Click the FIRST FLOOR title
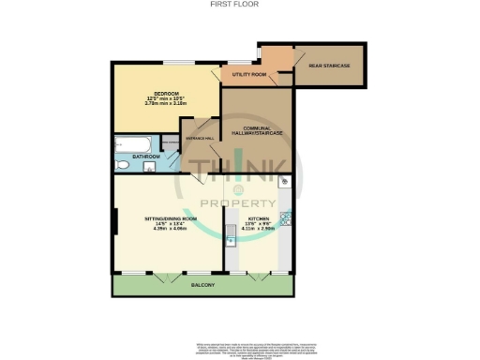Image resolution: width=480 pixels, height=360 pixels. (239, 4)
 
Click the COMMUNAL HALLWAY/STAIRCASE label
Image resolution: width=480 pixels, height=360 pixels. (257, 131)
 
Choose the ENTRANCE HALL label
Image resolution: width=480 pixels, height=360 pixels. (201, 139)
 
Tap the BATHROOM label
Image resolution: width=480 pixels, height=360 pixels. (146, 156)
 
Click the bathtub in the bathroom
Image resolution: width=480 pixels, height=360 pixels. (135, 144)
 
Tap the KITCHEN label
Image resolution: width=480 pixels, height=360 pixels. (258, 218)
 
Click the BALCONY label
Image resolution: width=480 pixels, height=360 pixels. (203, 284)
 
